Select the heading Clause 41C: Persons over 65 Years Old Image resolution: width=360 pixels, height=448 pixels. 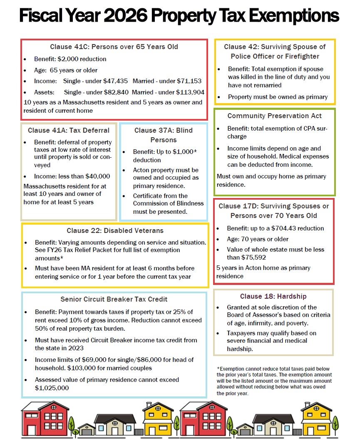tap(114, 47)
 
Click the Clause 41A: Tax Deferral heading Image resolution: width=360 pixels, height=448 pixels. tap(69, 130)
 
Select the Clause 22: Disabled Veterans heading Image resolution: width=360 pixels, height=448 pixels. tap(115, 230)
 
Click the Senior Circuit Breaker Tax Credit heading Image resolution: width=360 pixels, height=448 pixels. tap(114, 299)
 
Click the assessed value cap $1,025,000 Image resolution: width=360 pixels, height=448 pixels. tap(52, 388)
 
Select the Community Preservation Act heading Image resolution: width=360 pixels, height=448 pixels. tap(274, 116)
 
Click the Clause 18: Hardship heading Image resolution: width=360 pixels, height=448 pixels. tap(273, 296)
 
